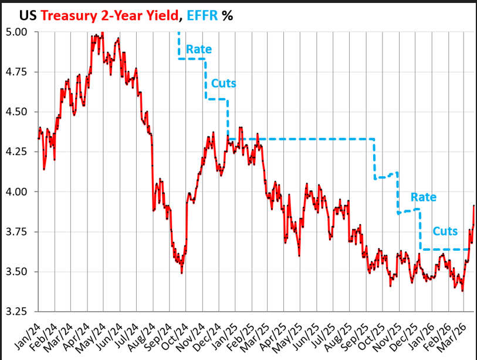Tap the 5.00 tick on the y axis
(19, 32)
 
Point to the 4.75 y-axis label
(19, 72)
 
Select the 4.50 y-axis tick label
(19, 112)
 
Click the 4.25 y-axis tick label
(19, 152)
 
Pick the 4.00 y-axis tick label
(19, 191)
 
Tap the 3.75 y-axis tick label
(19, 231)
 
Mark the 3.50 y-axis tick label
(19, 271)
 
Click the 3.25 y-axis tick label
(19, 311)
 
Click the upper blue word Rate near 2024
(199, 49)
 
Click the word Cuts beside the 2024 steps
(223, 83)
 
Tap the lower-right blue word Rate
(423, 197)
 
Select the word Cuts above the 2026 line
(446, 231)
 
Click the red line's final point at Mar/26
(473, 206)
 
